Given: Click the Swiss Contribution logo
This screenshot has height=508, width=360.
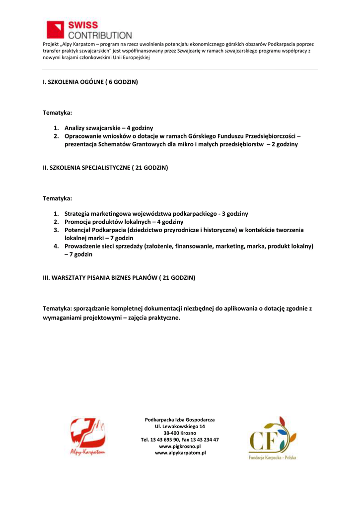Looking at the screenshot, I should [89, 30].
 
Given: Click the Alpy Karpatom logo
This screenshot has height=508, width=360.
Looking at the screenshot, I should [87, 436].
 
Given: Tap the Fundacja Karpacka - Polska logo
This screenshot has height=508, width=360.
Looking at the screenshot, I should [272, 438].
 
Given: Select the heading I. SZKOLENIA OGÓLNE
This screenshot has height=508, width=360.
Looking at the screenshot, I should [90, 81].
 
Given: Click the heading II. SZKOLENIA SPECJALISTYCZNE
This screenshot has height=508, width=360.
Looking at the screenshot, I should [105, 168].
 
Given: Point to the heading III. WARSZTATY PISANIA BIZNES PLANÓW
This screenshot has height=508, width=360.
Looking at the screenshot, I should [119, 278].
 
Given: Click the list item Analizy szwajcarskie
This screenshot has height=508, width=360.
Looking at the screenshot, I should [108, 127].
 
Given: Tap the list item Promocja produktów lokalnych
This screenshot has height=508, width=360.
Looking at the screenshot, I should [124, 222].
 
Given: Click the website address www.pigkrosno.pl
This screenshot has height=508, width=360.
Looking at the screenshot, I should [180, 446].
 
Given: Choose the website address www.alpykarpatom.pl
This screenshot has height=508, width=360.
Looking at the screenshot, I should [180, 453].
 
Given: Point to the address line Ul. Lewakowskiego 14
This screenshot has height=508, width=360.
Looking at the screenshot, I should [180, 426].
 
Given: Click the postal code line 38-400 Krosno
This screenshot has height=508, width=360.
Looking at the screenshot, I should [180, 433].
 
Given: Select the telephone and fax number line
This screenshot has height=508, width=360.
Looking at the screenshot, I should [180, 440].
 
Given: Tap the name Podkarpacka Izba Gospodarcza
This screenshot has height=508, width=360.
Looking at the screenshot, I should [180, 419].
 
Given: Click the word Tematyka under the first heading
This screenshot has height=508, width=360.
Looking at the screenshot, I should [57, 113].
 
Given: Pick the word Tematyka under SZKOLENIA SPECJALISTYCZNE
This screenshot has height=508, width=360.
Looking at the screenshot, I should [57, 198].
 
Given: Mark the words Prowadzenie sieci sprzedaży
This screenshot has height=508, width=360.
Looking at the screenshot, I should [103, 246].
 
